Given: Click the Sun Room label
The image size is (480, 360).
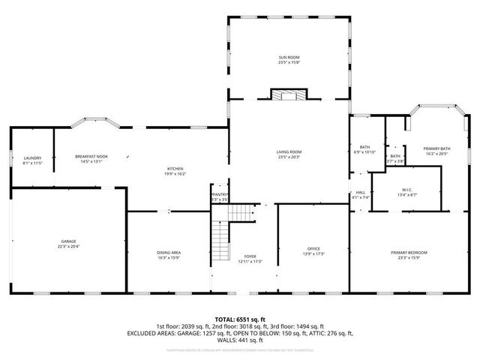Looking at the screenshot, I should click(x=289, y=57).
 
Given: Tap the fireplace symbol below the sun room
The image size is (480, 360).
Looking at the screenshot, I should click(x=289, y=94).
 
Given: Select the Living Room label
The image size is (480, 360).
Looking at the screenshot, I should click(x=289, y=152).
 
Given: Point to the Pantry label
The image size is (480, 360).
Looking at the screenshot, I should click(x=219, y=194).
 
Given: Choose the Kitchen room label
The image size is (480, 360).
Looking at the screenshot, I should click(x=175, y=169).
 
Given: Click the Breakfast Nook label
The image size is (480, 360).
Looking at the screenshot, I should click(x=91, y=156).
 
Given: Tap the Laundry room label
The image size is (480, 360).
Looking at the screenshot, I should click(x=32, y=157).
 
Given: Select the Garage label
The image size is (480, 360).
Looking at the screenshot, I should click(x=68, y=241).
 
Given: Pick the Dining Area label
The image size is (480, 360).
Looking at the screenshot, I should click(x=168, y=252).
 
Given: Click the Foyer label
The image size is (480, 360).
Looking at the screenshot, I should click(x=250, y=256).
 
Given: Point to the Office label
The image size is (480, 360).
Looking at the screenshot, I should click(x=313, y=249).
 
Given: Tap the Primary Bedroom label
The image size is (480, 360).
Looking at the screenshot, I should click(x=404, y=253).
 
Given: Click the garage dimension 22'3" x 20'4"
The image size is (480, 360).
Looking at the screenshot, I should click(x=68, y=246).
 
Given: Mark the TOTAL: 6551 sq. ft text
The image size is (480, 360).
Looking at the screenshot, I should click(x=240, y=319).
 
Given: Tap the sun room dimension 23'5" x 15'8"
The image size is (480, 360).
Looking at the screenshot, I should click(x=289, y=62).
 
